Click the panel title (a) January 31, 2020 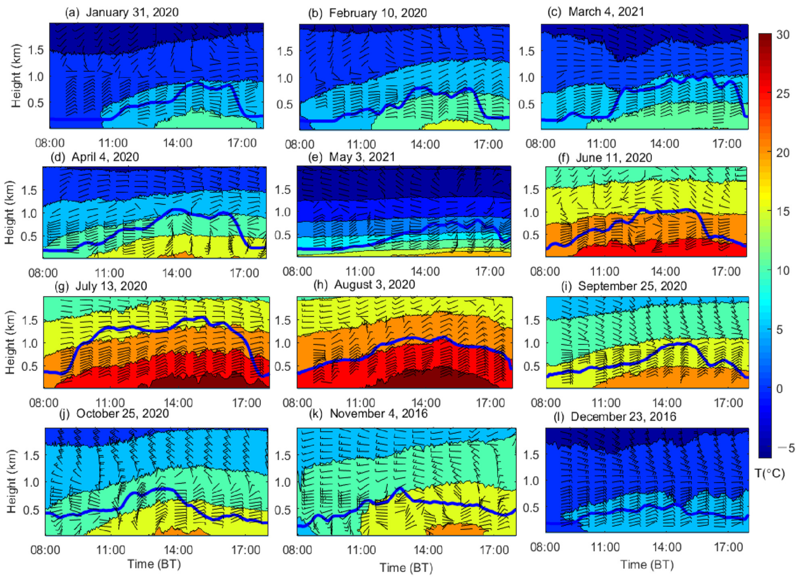[122, 12]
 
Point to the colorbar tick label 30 [783, 35]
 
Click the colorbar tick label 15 [783, 212]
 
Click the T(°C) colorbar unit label [770, 473]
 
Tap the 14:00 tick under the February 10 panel [425, 144]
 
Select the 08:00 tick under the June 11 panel [545, 272]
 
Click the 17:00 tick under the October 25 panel [246, 550]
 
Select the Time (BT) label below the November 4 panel [406, 568]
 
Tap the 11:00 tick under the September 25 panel [606, 403]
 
